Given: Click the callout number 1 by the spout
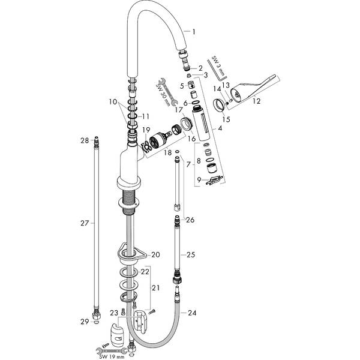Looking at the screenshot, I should pyautogui.click(x=193, y=31).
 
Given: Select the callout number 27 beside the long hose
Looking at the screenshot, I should pyautogui.click(x=84, y=223).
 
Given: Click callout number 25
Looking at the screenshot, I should pyautogui.click(x=191, y=255).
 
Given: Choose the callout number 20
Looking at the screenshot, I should pyautogui.click(x=155, y=254).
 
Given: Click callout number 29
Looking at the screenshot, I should pyautogui.click(x=84, y=322).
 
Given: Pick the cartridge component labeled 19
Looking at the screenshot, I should pyautogui.click(x=160, y=138).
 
